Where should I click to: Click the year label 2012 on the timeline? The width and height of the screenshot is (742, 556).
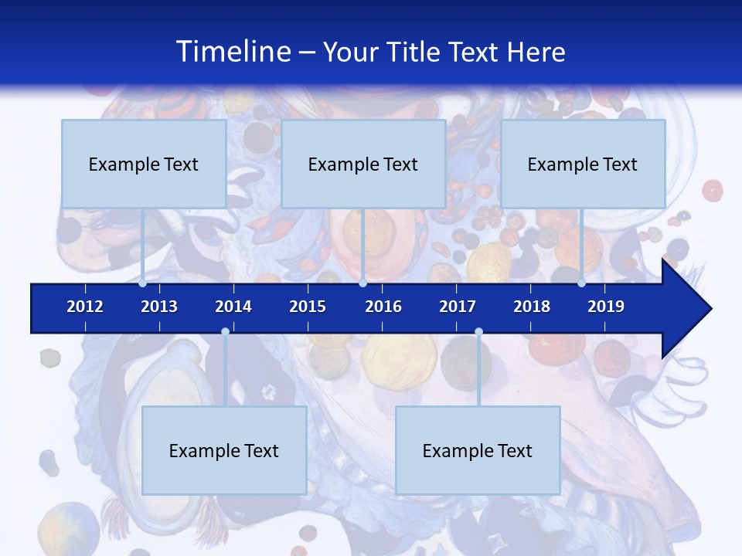click(85, 307)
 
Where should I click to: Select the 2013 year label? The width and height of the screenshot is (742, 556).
click(159, 307)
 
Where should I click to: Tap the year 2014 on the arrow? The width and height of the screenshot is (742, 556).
click(233, 307)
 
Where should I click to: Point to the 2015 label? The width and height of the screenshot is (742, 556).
click(308, 307)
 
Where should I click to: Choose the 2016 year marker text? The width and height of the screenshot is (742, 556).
click(383, 307)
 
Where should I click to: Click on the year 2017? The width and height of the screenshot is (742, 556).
click(458, 307)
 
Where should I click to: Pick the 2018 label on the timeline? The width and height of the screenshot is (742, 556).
click(532, 307)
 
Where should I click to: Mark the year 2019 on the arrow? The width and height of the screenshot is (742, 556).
click(606, 307)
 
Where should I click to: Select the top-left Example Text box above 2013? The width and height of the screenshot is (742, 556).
click(144, 164)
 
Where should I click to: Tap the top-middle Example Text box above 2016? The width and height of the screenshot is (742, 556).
click(363, 164)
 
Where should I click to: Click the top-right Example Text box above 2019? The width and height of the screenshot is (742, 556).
click(583, 164)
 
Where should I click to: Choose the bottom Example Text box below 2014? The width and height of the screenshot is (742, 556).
click(224, 450)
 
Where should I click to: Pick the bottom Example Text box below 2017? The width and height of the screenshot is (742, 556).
click(478, 450)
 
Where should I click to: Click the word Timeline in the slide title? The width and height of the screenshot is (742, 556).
click(232, 52)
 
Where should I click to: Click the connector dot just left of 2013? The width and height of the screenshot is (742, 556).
click(143, 283)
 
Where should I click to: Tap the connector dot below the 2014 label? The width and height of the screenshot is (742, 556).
click(225, 332)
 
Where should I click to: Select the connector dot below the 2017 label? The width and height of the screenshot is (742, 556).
click(478, 332)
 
